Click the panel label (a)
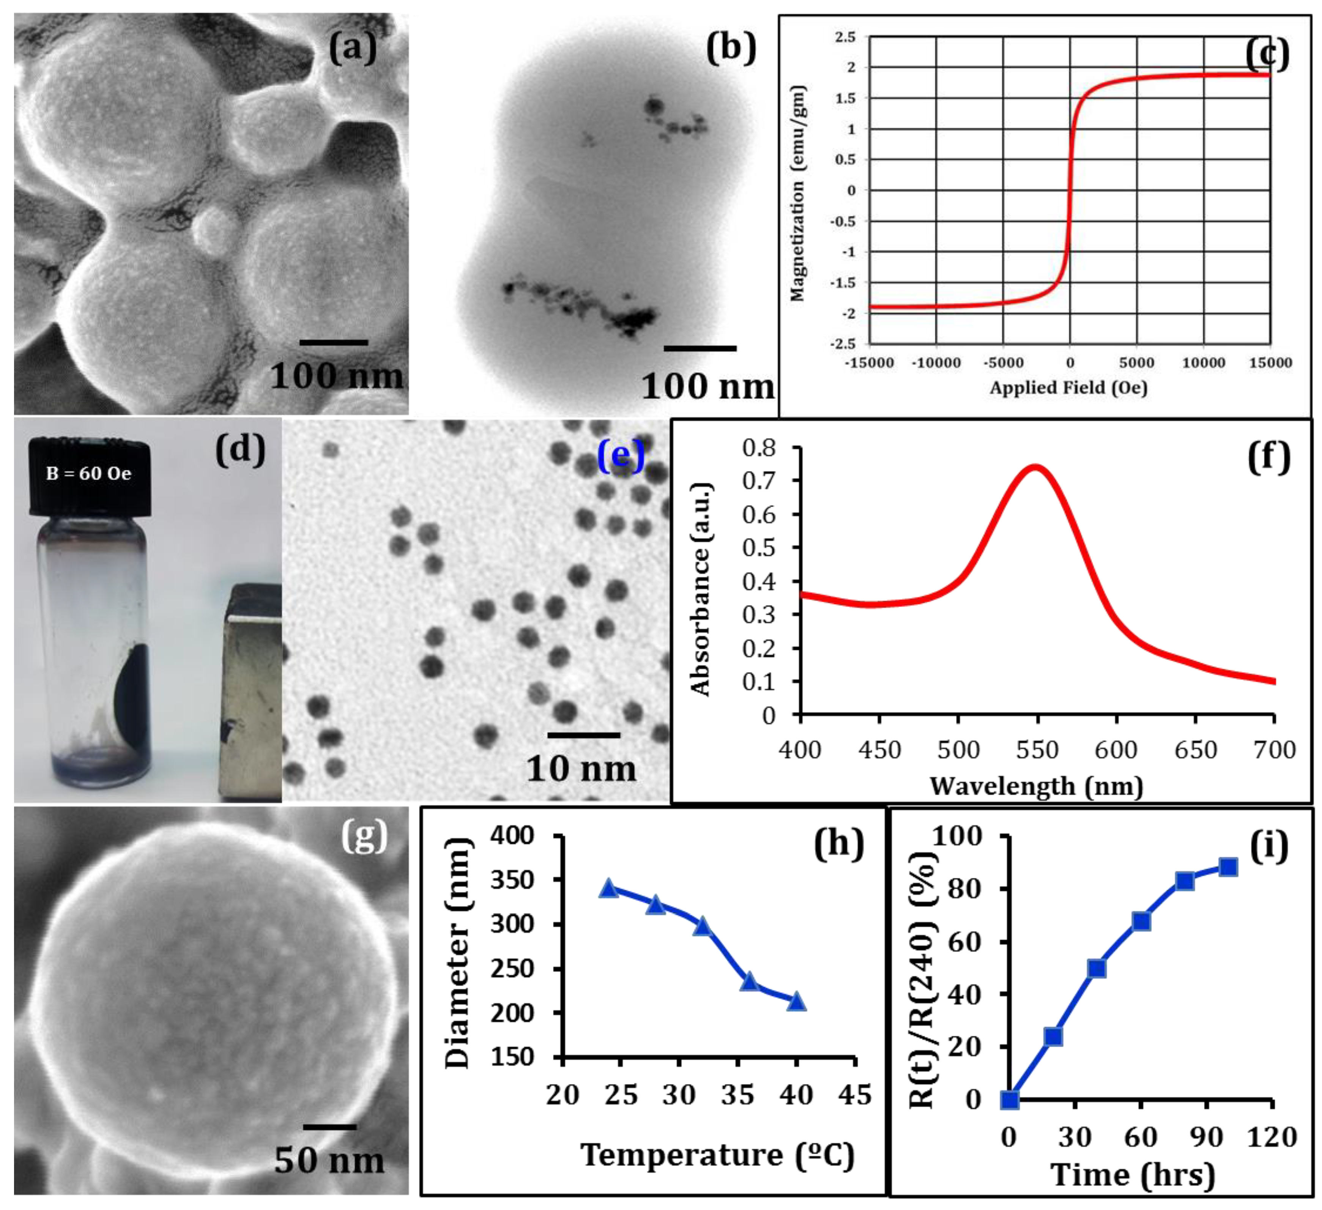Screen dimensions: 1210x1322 pyautogui.click(x=353, y=49)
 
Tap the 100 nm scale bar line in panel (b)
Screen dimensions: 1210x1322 pyautogui.click(x=700, y=348)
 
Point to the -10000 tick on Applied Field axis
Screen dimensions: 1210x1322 pyautogui.click(x=936, y=363)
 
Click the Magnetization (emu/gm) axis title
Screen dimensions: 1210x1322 pyautogui.click(x=797, y=194)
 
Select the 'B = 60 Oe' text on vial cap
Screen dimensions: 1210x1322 pyautogui.click(x=88, y=474)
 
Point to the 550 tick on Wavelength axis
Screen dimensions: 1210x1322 pyautogui.click(x=1037, y=750)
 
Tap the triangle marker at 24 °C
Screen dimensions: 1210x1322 pyautogui.click(x=609, y=889)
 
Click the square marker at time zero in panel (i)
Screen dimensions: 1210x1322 pyautogui.click(x=1010, y=1100)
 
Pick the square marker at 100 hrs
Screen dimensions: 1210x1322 pyautogui.click(x=1228, y=867)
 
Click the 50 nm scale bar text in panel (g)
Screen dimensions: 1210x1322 pyautogui.click(x=329, y=1160)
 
